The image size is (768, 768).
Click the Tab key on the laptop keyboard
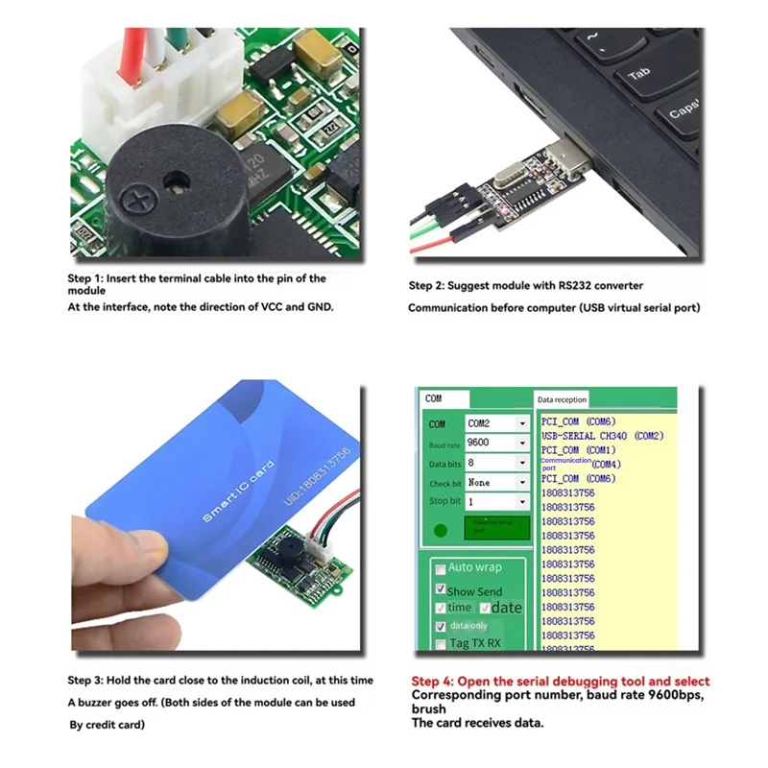638,74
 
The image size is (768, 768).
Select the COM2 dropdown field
495,423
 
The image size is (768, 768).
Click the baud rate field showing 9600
495,444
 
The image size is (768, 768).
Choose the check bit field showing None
495,483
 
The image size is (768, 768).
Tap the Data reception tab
563,399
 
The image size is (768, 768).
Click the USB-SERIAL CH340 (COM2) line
601,436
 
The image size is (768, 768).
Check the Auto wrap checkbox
440,568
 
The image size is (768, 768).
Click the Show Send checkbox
440,589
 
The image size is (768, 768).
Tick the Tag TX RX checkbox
440,644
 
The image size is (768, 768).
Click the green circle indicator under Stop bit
441,529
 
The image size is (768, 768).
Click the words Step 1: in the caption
86,278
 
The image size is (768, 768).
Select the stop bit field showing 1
495,502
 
